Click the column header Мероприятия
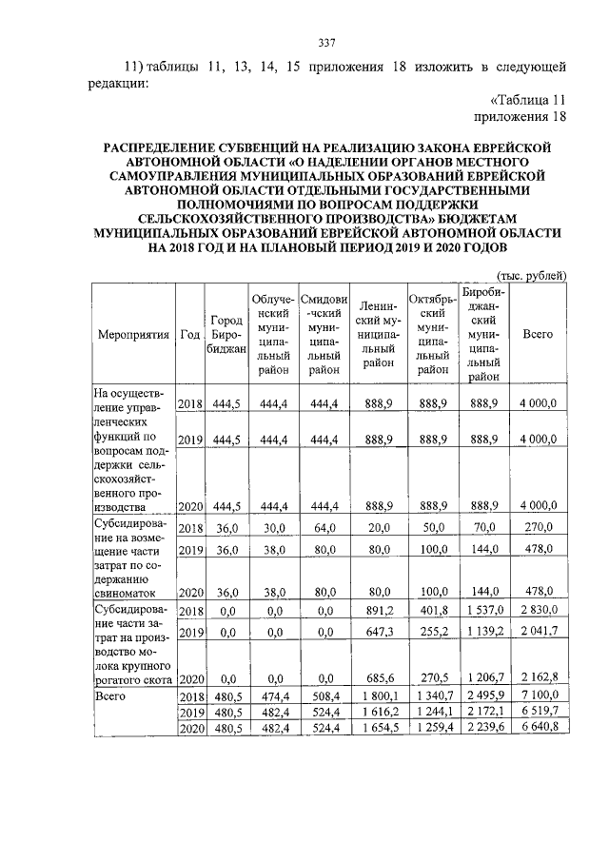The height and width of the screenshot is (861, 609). (x=133, y=335)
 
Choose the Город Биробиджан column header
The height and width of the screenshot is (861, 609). (x=226, y=335)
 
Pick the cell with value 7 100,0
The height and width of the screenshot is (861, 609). (x=539, y=697)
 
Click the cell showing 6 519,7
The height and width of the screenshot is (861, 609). (x=539, y=713)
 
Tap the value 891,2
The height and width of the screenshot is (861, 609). (x=378, y=610)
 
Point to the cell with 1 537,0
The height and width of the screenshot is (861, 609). (x=484, y=610)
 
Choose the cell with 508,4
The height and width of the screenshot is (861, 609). (x=323, y=697)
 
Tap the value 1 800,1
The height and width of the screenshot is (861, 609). (x=378, y=697)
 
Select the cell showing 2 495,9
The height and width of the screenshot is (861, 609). (x=484, y=697)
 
